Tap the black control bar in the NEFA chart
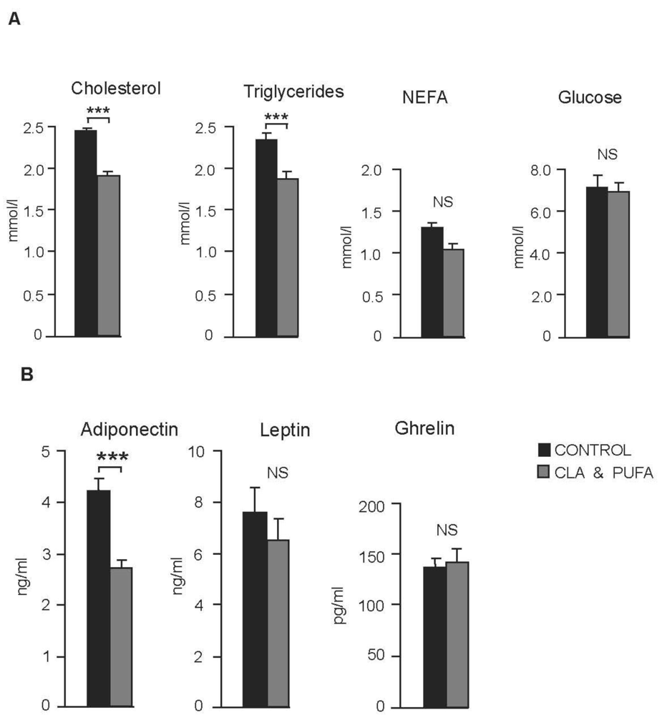[432, 282]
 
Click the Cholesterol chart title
[115, 89]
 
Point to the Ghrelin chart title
[424, 430]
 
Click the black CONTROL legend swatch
[544, 450]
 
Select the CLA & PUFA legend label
[605, 473]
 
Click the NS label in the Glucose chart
[607, 154]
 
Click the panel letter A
[13, 21]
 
